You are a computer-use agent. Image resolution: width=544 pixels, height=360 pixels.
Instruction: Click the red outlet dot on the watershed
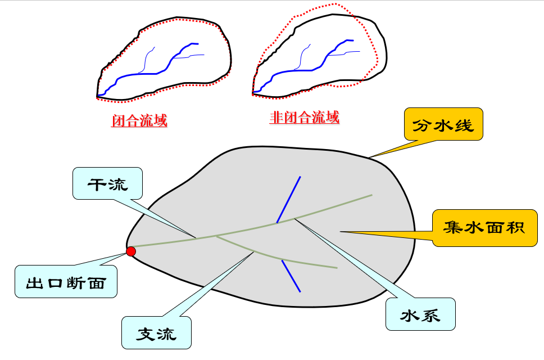(131, 251)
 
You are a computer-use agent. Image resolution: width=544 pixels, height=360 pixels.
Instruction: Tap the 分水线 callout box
(443, 124)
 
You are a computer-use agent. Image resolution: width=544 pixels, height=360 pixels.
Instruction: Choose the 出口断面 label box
(66, 281)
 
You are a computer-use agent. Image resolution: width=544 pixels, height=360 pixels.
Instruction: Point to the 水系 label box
(420, 314)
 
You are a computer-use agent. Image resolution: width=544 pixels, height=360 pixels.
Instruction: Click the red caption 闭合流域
(139, 120)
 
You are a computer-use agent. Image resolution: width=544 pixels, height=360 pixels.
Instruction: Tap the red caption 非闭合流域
(304, 118)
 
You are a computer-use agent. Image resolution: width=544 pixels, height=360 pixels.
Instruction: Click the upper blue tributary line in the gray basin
(288, 199)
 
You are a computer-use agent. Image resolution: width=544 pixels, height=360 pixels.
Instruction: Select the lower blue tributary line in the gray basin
(291, 276)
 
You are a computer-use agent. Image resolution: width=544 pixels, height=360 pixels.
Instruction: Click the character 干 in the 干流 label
(96, 183)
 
